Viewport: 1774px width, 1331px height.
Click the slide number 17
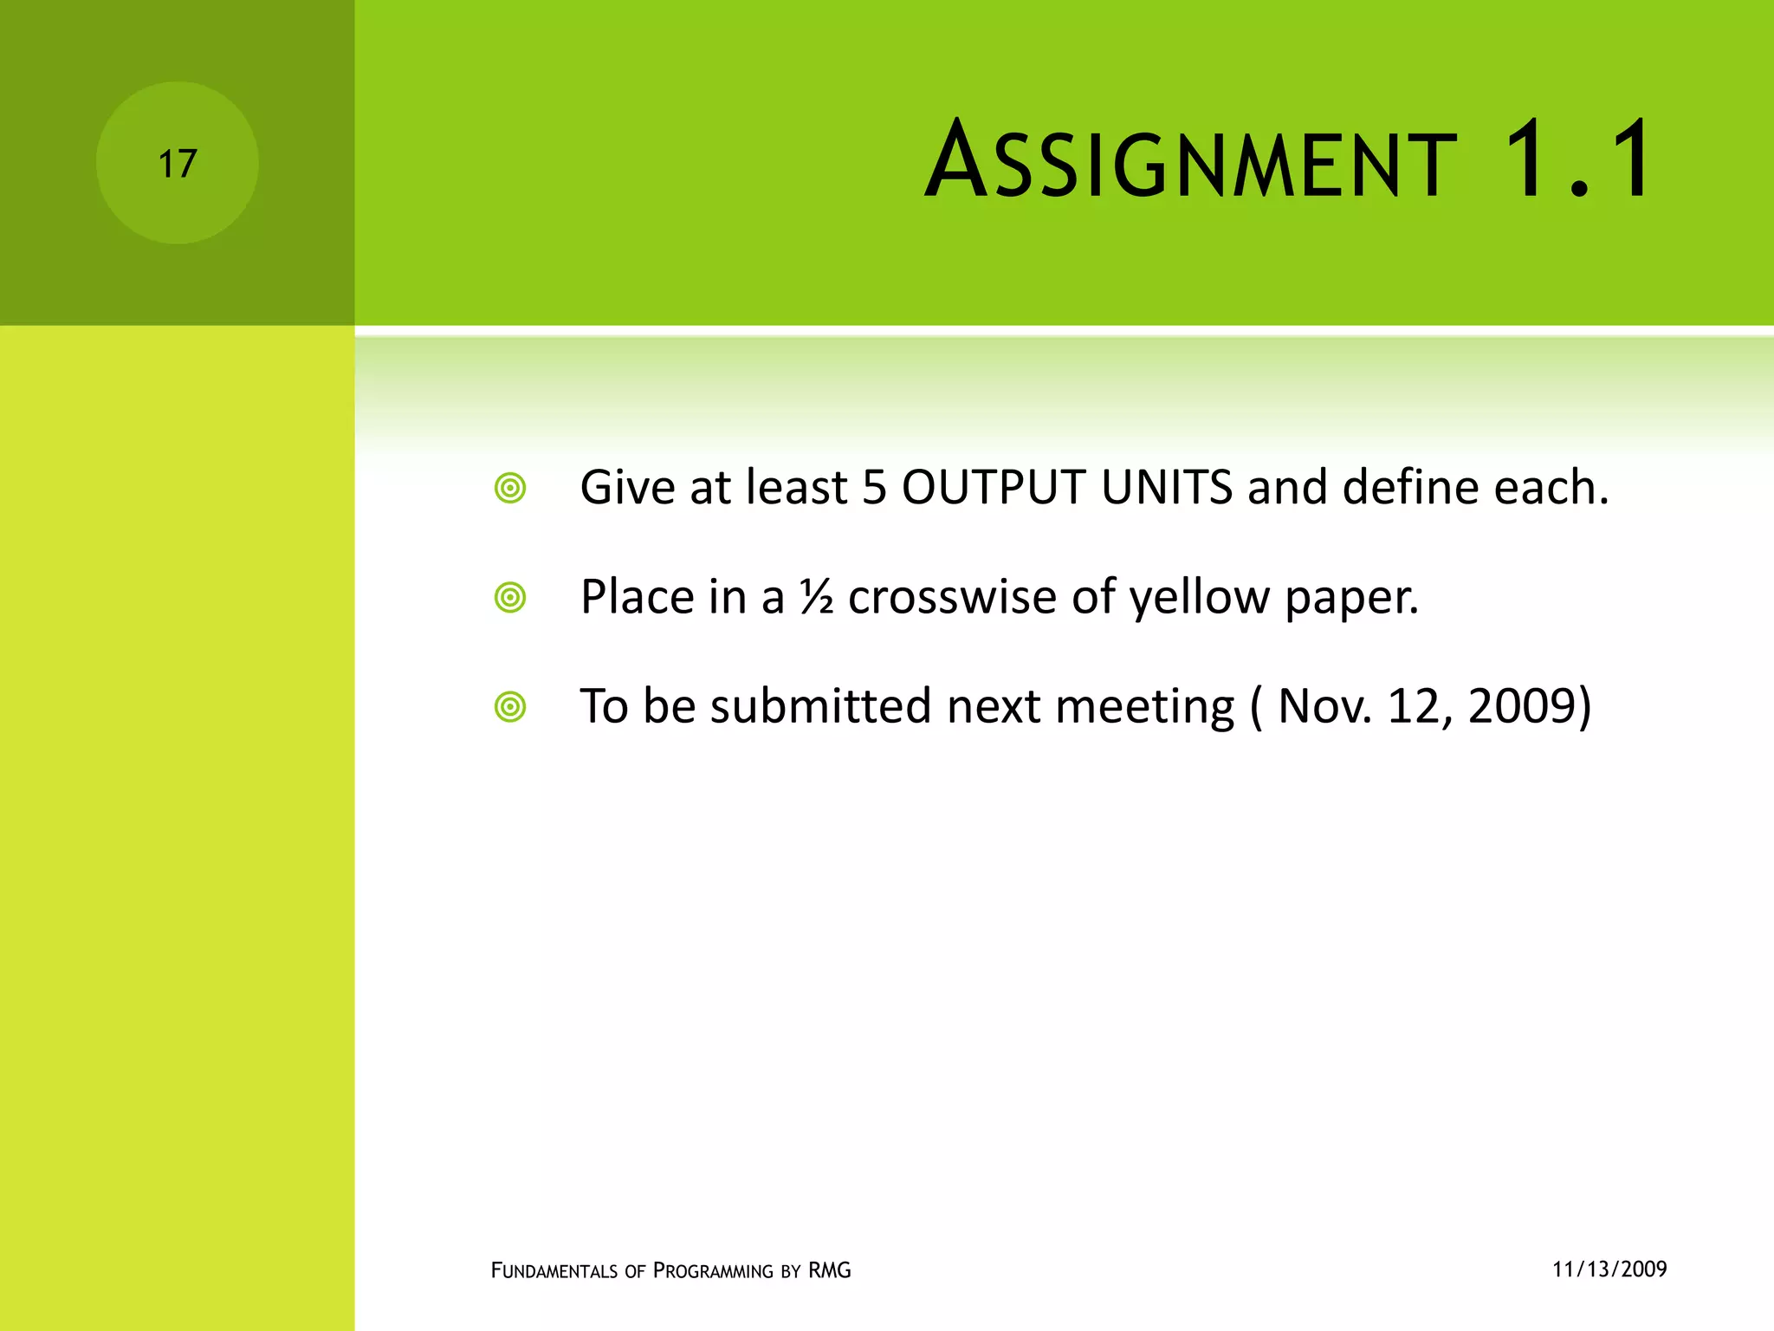click(178, 164)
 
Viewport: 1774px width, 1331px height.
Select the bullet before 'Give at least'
click(510, 488)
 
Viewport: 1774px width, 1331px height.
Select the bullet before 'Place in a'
click(510, 598)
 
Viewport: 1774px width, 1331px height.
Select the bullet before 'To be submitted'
click(510, 707)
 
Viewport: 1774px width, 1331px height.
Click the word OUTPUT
click(994, 487)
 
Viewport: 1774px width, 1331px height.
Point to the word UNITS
click(1167, 487)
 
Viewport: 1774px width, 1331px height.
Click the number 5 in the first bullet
click(874, 487)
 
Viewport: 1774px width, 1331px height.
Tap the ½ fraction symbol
click(817, 597)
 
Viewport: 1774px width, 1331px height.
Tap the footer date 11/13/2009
click(1609, 1269)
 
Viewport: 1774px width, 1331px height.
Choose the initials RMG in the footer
click(829, 1270)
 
